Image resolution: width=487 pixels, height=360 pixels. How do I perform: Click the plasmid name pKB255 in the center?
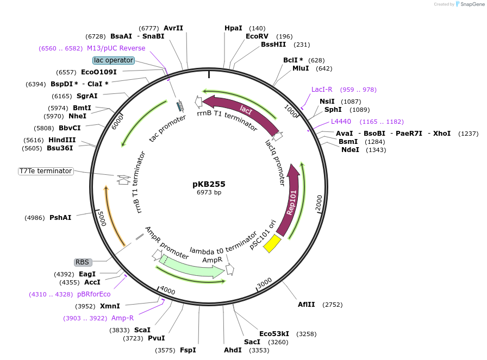(x=209, y=184)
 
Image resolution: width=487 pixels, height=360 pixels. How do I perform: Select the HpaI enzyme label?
(x=233, y=28)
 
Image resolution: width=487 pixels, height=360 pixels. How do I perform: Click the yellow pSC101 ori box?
(x=272, y=244)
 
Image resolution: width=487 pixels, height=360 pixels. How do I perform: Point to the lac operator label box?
(x=113, y=60)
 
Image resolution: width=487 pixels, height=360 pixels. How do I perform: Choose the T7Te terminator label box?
(x=46, y=171)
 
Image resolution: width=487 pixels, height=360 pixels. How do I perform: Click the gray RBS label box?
(x=82, y=262)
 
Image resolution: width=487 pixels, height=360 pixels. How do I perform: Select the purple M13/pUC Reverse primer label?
(x=116, y=48)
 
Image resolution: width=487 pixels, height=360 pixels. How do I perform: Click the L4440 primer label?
(x=341, y=122)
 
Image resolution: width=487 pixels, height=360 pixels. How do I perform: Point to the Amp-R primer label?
(x=122, y=318)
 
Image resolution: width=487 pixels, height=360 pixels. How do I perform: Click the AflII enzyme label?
(x=306, y=305)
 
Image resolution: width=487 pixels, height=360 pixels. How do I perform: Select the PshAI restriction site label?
(x=60, y=218)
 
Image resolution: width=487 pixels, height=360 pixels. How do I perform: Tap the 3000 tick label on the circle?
(x=264, y=283)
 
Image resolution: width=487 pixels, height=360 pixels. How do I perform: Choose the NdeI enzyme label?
(x=350, y=150)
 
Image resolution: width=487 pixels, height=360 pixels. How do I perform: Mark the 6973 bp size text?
(x=209, y=192)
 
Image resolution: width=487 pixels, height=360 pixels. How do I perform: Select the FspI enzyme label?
(x=188, y=350)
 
